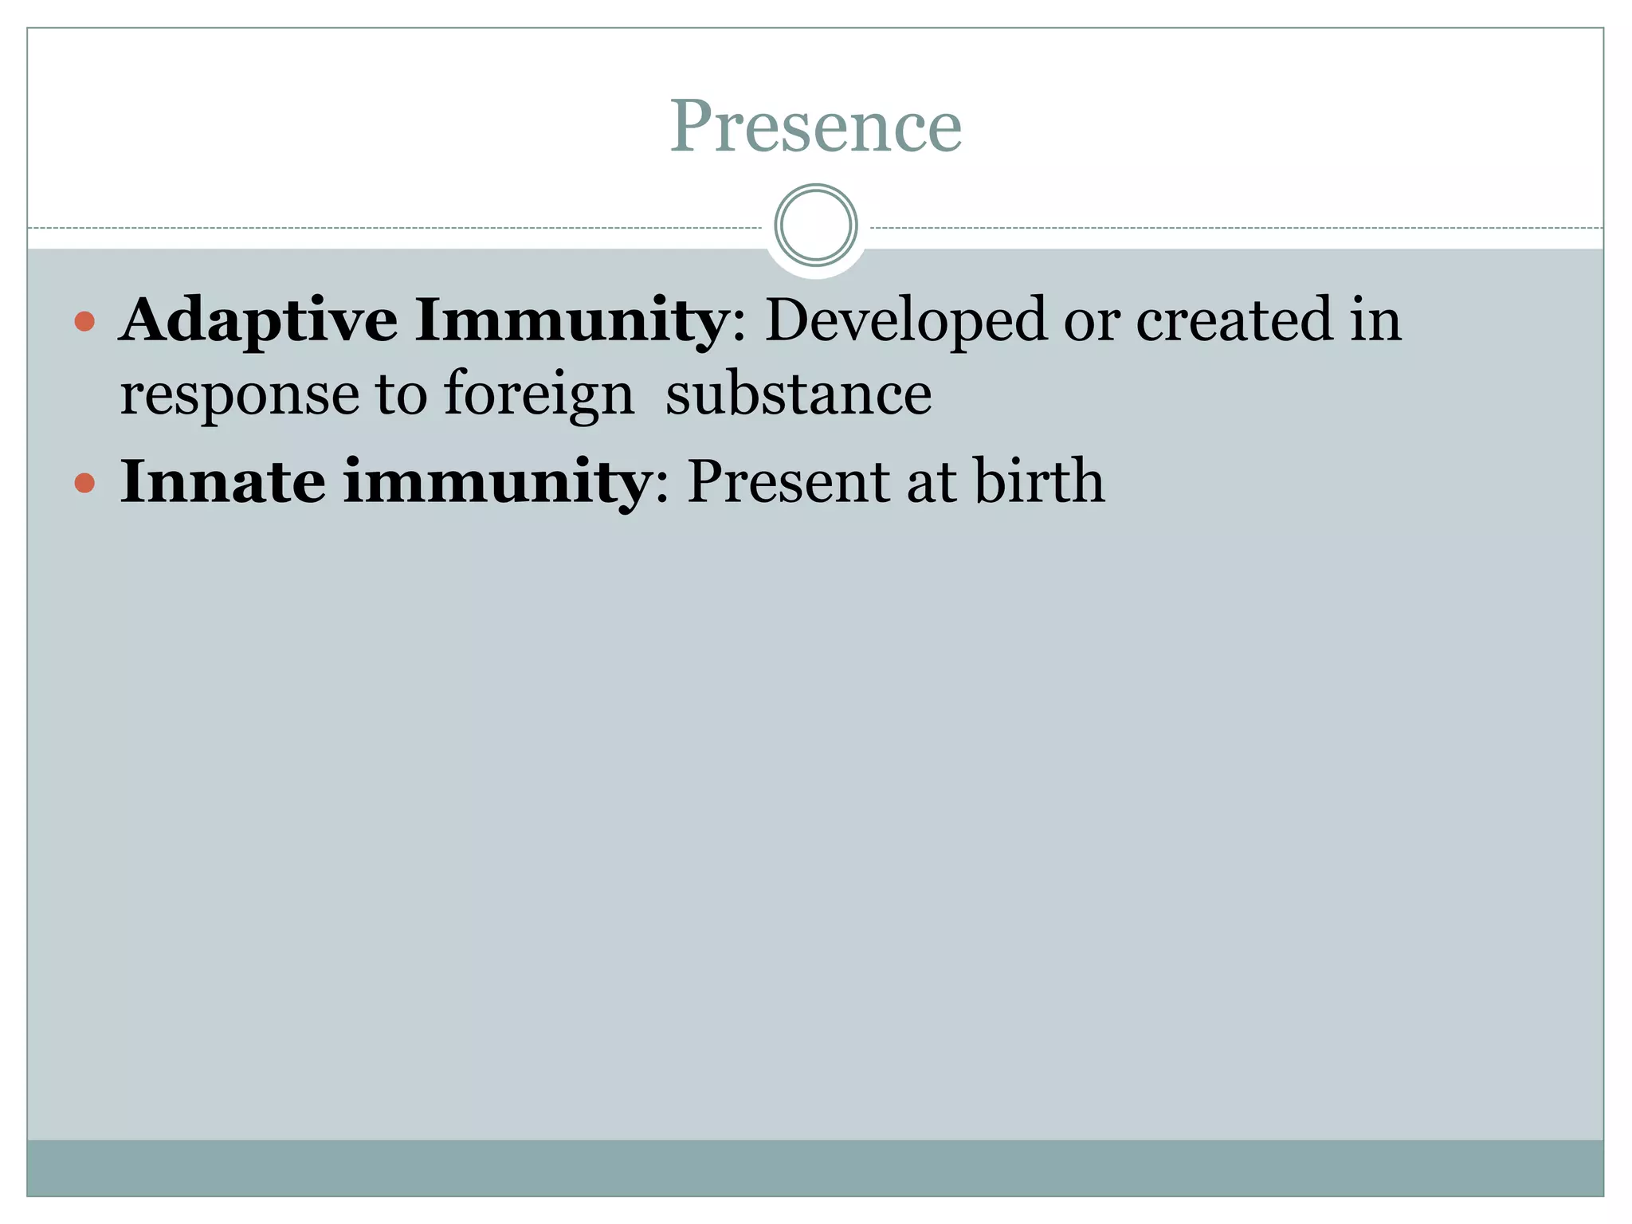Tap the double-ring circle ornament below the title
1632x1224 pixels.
pos(815,225)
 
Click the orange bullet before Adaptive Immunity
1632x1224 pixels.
pos(84,322)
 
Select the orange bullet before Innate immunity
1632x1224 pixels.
pos(84,483)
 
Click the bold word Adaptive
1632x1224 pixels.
pos(258,320)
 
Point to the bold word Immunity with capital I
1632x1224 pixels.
pos(569,320)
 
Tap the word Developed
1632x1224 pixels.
pos(905,320)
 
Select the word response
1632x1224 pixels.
pos(239,395)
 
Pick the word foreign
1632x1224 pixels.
pos(539,395)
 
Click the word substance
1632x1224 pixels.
pos(798,394)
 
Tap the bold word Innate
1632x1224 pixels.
pos(222,481)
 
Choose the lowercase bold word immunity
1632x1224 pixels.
pos(496,483)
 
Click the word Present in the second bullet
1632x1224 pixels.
pos(788,481)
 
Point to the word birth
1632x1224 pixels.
pos(1039,481)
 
